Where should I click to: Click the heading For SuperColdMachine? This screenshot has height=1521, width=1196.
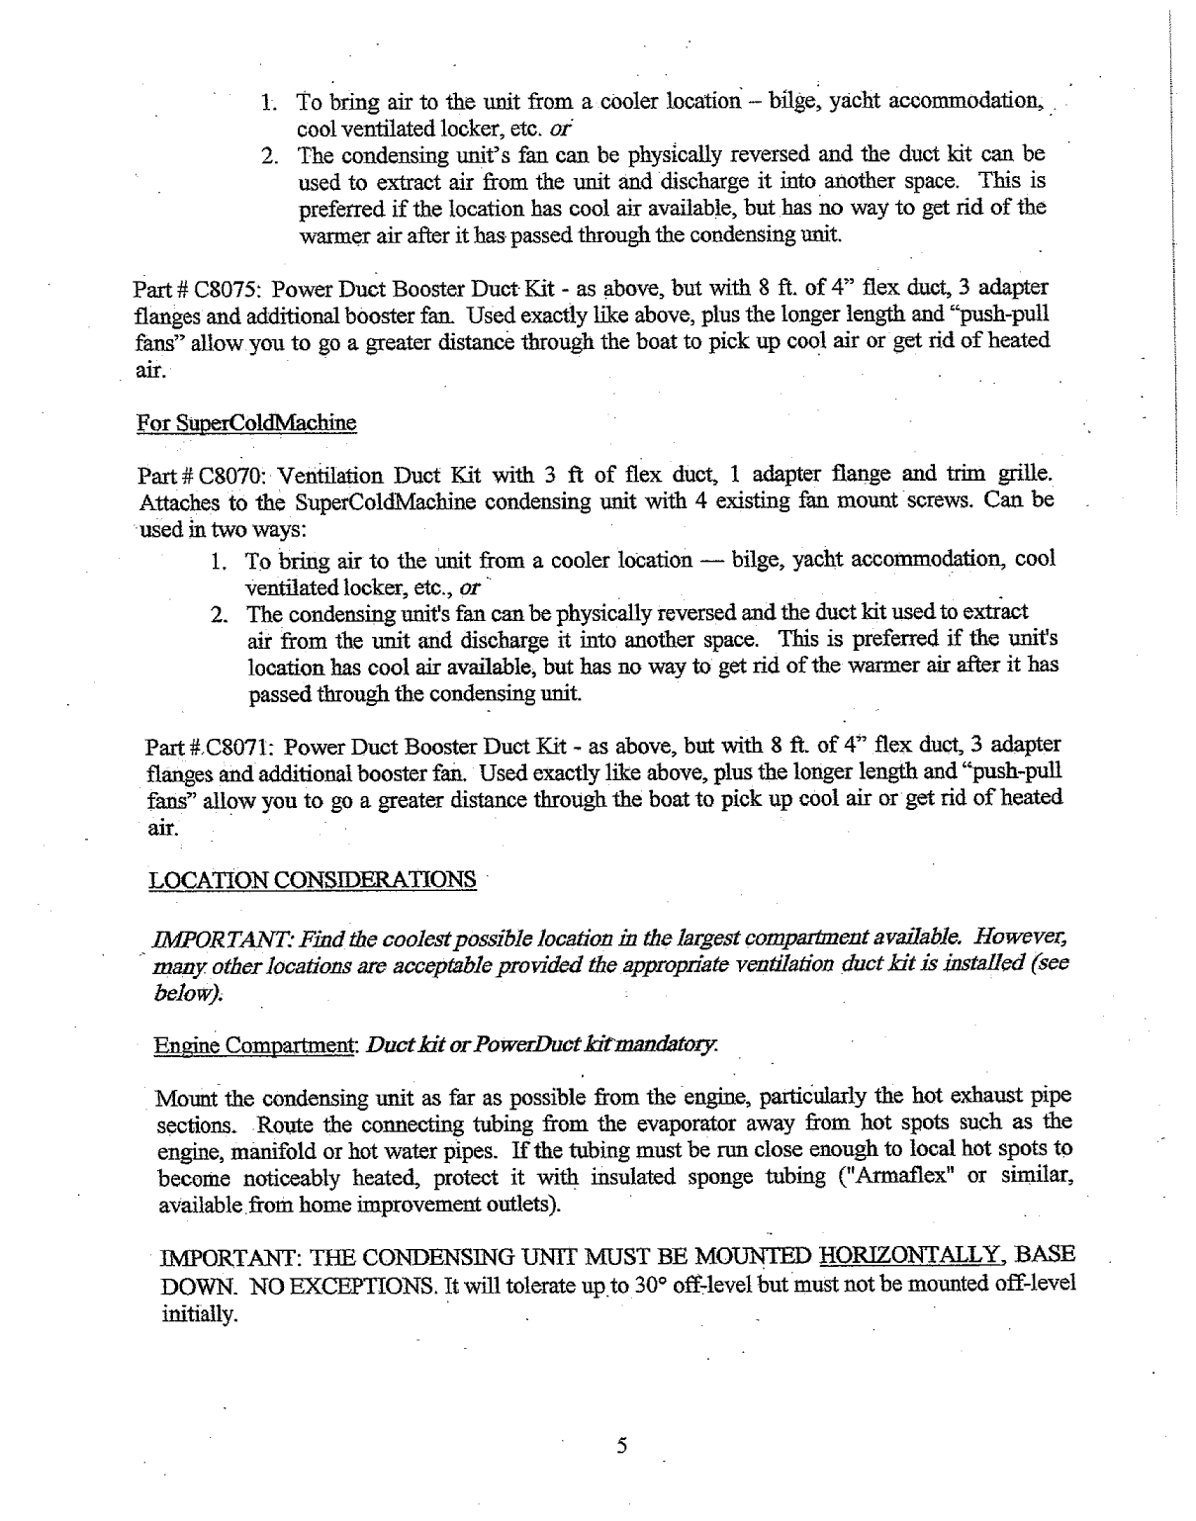(x=245, y=423)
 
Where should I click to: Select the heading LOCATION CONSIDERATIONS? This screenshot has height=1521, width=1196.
(x=312, y=879)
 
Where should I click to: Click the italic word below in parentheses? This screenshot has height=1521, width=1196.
(x=172, y=992)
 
